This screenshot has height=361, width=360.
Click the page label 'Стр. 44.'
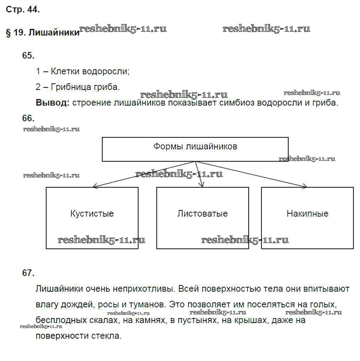(x=23, y=10)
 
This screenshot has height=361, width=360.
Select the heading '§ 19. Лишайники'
(x=42, y=33)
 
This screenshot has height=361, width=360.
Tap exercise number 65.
(x=28, y=56)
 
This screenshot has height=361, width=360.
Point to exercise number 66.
(x=28, y=118)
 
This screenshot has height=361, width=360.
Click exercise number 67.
(x=28, y=273)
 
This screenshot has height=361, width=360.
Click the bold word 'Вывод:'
(x=53, y=103)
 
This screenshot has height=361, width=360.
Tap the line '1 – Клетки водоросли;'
(x=82, y=71)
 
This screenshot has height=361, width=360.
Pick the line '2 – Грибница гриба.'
(x=78, y=87)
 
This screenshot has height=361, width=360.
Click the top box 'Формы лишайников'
(x=195, y=149)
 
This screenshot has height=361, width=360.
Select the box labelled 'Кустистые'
(x=92, y=217)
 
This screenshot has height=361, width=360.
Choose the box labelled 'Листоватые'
(x=202, y=217)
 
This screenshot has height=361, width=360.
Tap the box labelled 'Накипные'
(x=307, y=217)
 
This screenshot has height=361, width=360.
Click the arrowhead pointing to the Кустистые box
(x=95, y=186)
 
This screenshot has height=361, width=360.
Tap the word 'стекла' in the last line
(x=108, y=335)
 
